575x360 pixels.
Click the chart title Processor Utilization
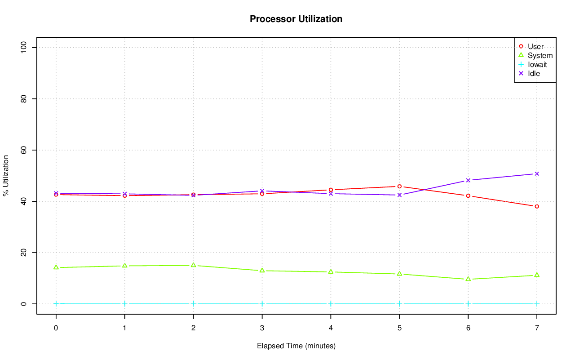(x=296, y=19)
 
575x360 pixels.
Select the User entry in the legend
(x=535, y=47)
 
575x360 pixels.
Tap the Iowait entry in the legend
(x=537, y=65)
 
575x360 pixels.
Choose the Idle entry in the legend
(x=534, y=74)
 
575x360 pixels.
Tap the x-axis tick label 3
(x=262, y=329)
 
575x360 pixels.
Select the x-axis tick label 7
(x=537, y=329)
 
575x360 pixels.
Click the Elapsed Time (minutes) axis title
(x=296, y=346)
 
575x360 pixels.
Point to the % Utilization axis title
(x=6, y=176)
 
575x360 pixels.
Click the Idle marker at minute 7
(x=537, y=173)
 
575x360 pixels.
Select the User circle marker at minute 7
(x=537, y=206)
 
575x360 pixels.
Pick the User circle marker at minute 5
(x=399, y=186)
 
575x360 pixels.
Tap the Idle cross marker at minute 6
(x=468, y=180)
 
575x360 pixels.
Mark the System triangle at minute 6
(x=468, y=279)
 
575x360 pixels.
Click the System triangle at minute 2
(x=193, y=265)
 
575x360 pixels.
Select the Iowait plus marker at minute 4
(x=331, y=304)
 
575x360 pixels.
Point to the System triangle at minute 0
(x=56, y=267)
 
